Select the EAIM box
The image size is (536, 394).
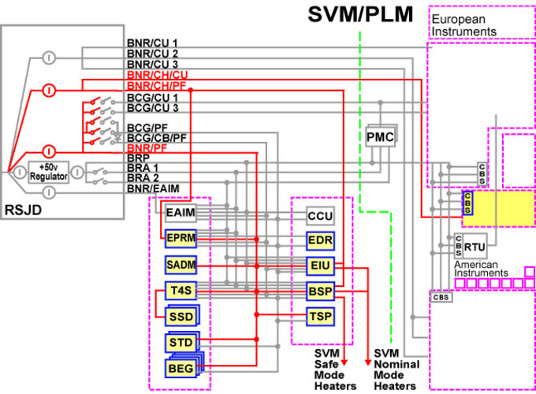180,212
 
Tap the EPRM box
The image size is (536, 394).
180,237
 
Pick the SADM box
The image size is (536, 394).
180,263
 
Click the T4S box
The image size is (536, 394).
178,290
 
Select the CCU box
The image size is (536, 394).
321,214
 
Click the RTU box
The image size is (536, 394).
473,245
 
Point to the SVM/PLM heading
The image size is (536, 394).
361,15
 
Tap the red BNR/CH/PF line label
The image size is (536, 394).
156,84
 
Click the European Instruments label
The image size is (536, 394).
463,25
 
